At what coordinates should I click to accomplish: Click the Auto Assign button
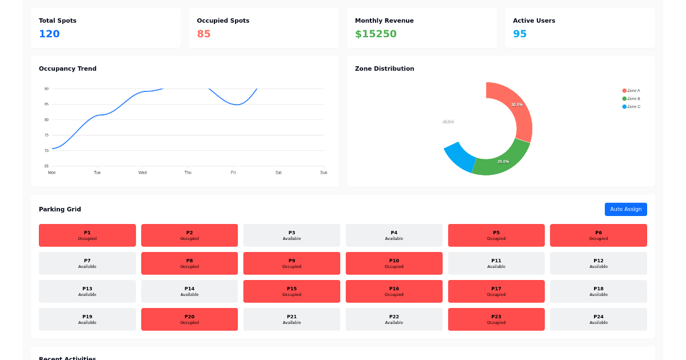click(x=625, y=209)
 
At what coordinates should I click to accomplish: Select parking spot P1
click(x=87, y=235)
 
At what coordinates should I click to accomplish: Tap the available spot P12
click(x=598, y=263)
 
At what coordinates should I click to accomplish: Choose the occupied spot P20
click(x=189, y=319)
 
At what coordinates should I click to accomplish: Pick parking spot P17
click(x=496, y=291)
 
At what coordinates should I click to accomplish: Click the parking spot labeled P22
click(x=394, y=319)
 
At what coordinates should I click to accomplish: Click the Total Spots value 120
click(x=49, y=34)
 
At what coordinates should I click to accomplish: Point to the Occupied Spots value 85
click(x=204, y=34)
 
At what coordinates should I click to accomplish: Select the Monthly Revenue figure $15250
click(x=376, y=34)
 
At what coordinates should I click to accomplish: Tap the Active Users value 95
click(x=520, y=34)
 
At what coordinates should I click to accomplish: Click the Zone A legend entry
click(x=631, y=91)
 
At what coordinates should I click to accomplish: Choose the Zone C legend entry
click(x=631, y=107)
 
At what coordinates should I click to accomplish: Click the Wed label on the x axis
click(x=142, y=173)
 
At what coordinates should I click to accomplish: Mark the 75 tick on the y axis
click(x=46, y=135)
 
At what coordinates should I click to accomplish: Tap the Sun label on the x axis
click(x=324, y=173)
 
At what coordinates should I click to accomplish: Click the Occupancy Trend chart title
click(x=67, y=69)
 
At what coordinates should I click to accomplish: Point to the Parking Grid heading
click(x=60, y=209)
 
